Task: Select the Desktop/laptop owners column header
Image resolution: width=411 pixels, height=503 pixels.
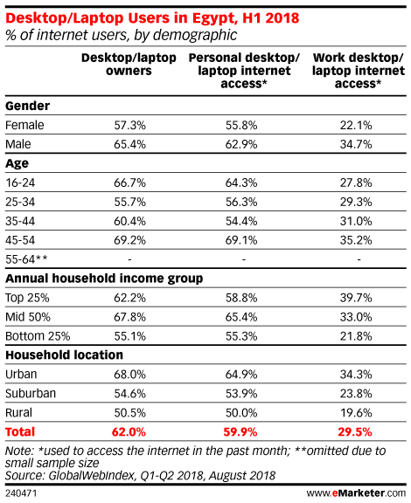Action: click(x=129, y=64)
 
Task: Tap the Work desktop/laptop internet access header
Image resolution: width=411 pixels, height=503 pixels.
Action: click(x=359, y=71)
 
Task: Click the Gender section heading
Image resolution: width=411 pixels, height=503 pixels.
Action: click(x=28, y=106)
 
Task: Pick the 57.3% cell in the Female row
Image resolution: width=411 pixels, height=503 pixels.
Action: click(x=129, y=125)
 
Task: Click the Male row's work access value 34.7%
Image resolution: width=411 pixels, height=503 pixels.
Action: click(x=356, y=144)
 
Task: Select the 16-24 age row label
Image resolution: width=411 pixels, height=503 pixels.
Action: click(x=20, y=183)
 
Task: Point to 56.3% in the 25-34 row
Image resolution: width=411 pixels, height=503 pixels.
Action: click(x=241, y=202)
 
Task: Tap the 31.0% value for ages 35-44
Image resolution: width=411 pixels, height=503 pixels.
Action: click(x=356, y=221)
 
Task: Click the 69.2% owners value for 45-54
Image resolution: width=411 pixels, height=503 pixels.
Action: click(x=129, y=240)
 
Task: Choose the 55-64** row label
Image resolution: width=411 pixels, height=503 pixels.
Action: click(x=26, y=259)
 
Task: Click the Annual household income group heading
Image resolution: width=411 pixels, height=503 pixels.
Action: click(x=104, y=279)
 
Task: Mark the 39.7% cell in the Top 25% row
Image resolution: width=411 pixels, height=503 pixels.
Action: click(x=356, y=298)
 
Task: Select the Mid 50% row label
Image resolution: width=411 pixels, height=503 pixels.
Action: click(x=28, y=317)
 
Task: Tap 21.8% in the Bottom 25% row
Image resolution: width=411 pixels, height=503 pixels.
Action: click(x=356, y=336)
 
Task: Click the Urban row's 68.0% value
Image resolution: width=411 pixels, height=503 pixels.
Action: click(x=129, y=375)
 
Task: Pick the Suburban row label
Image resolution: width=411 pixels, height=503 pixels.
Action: click(x=31, y=393)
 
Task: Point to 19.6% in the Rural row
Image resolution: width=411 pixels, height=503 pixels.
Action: click(x=356, y=412)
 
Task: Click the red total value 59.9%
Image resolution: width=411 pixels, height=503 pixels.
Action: click(x=240, y=431)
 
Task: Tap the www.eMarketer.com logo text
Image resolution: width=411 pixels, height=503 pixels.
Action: click(x=356, y=493)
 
